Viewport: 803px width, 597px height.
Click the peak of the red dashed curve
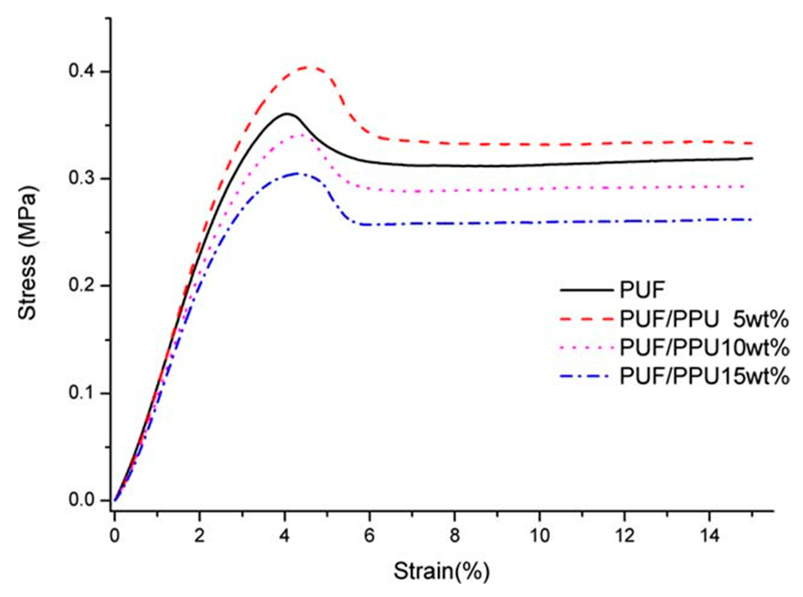[x=308, y=67]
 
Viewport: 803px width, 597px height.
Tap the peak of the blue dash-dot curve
[x=297, y=173]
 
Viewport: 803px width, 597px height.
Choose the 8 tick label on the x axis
[x=454, y=535]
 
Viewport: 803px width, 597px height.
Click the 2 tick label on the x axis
[x=199, y=535]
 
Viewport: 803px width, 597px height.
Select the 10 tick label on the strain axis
[x=539, y=535]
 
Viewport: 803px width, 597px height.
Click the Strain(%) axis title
[x=442, y=572]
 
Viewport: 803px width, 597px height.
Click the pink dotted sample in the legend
[x=587, y=348]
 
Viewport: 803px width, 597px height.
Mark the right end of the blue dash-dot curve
[x=750, y=219]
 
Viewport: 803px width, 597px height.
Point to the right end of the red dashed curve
[x=750, y=143]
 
